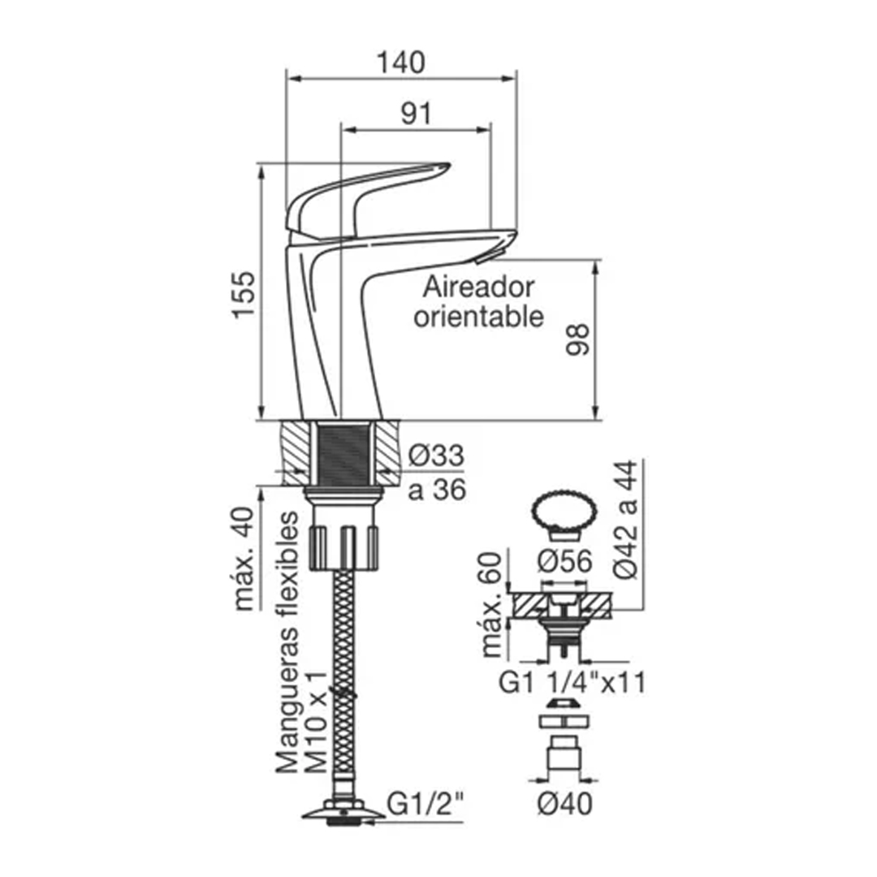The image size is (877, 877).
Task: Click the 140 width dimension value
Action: (401, 62)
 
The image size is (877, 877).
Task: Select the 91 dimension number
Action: (416, 114)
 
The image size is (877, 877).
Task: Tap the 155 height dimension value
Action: (244, 293)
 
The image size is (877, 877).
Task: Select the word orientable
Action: (478, 316)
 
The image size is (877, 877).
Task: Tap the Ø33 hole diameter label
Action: (436, 458)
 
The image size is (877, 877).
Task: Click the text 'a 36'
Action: (436, 490)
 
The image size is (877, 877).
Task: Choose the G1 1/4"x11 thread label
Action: (572, 684)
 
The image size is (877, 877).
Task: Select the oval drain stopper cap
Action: (563, 511)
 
